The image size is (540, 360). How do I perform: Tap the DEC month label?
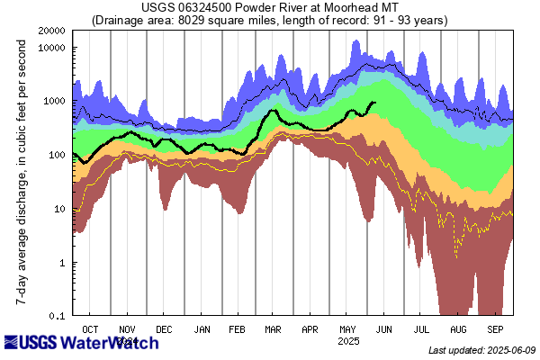point(166,329)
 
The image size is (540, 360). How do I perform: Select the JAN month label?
point(202,329)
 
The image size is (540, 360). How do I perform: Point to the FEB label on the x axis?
point(238,329)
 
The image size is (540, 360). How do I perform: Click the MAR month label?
point(274,329)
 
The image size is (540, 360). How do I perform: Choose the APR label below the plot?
point(310,329)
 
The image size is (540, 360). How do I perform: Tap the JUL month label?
point(421,329)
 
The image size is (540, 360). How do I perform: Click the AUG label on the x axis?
point(458,329)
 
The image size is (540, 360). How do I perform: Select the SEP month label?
point(495,329)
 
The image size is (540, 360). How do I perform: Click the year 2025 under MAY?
point(348,341)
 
